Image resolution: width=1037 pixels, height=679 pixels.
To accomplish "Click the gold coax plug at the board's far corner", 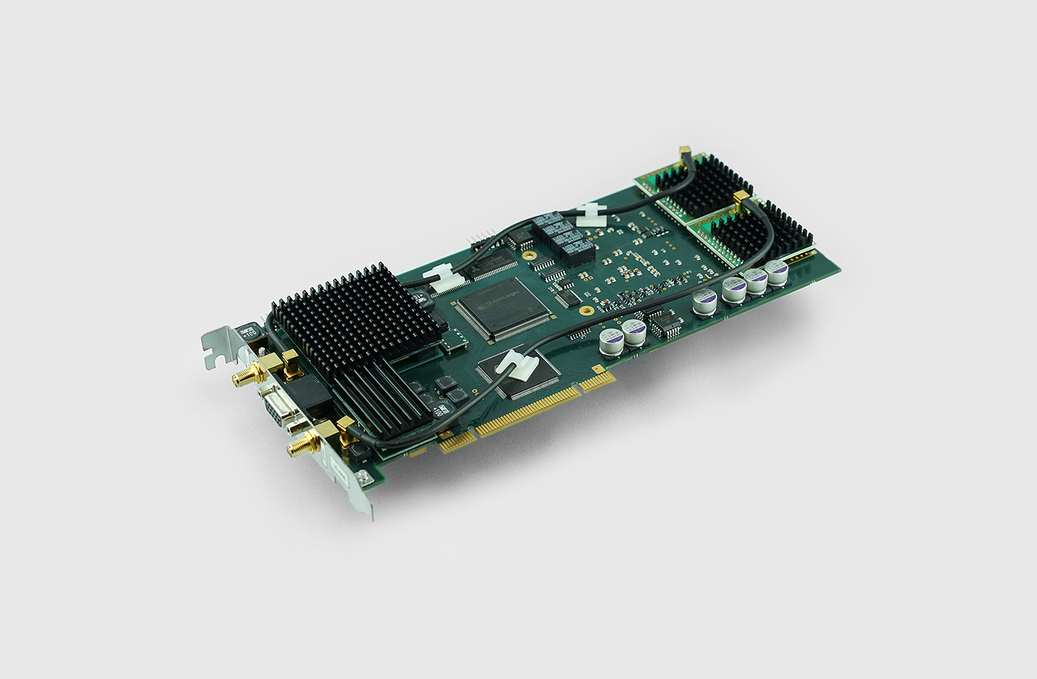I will click(685, 153).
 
